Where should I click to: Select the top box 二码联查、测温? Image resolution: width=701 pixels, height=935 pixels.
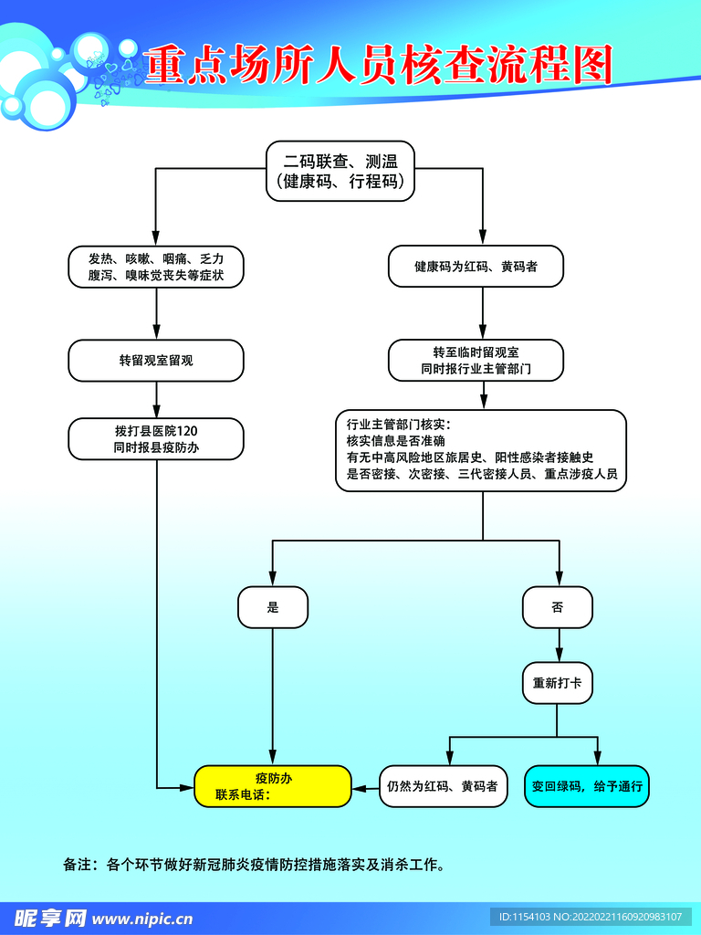(340, 171)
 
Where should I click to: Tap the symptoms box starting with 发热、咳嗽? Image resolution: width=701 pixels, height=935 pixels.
(156, 267)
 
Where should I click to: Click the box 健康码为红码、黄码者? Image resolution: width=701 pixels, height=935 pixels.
(476, 267)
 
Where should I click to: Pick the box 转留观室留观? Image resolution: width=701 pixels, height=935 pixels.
(156, 361)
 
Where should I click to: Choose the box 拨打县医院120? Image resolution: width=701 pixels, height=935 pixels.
(156, 438)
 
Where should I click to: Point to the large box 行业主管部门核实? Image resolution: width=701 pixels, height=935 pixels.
(481, 450)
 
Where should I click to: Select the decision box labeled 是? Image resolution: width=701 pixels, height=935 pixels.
(273, 607)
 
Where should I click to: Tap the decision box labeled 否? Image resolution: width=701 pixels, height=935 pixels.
(558, 607)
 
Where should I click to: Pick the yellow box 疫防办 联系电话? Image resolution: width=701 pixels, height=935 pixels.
(273, 786)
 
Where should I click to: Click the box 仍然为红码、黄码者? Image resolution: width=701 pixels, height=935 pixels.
(443, 786)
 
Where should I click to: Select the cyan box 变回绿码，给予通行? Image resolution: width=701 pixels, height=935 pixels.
(587, 786)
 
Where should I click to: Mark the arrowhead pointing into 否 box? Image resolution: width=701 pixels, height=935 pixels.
(558, 582)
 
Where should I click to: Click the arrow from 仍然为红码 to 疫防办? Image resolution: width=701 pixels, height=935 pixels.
(365, 786)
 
